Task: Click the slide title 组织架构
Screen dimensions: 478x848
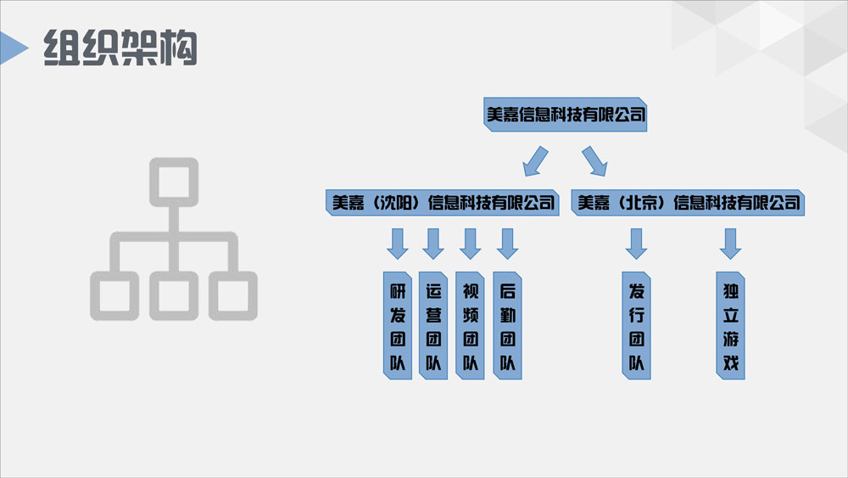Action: [x=120, y=48]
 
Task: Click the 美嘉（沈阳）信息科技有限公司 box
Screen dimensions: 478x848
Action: [x=441, y=203]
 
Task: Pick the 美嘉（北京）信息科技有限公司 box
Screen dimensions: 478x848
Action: [x=689, y=203]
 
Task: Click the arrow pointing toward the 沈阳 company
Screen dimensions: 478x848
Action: [x=535, y=160]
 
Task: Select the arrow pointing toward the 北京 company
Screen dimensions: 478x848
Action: [x=594, y=160]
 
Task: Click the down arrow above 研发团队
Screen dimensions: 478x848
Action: [x=397, y=243]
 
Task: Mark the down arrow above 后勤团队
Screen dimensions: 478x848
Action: [x=507, y=243]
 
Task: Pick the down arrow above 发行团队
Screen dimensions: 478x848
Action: [x=636, y=243]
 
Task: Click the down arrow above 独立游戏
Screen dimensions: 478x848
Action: [x=730, y=243]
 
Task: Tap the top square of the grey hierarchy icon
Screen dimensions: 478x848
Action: [x=174, y=180]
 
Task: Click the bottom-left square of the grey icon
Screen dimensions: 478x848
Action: [x=114, y=295]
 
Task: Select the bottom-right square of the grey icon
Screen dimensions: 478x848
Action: [x=233, y=295]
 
